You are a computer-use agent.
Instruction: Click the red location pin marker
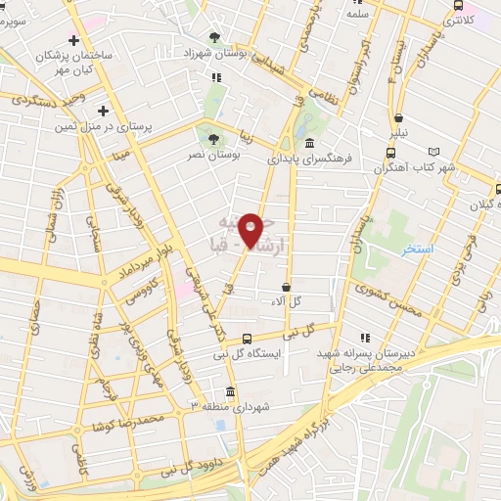[x=251, y=231]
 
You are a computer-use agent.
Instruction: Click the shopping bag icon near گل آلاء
[x=286, y=288]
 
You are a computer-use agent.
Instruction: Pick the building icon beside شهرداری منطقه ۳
[x=229, y=391]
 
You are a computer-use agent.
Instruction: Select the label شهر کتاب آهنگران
[x=414, y=167]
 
